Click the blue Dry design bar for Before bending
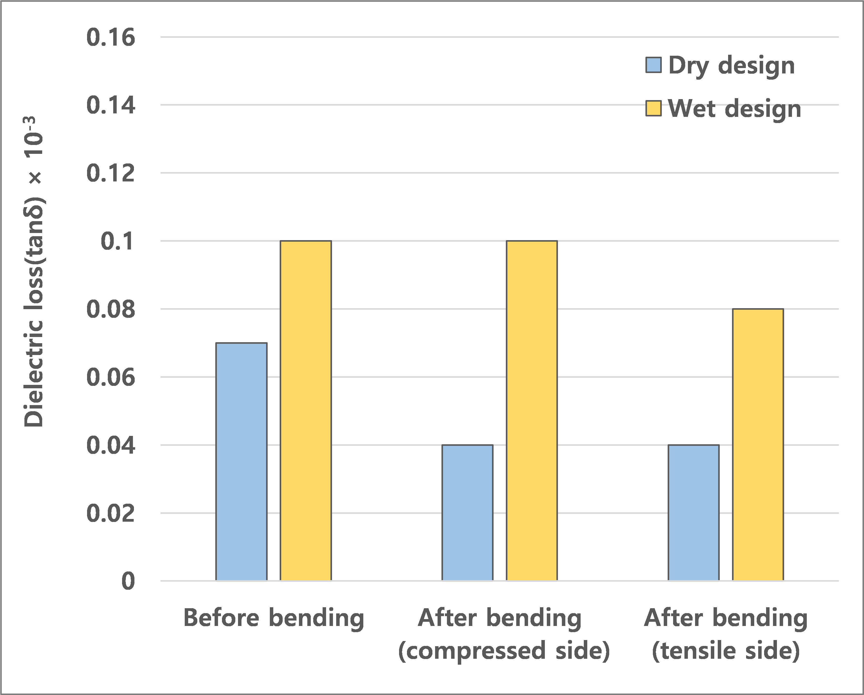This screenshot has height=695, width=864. coord(241,462)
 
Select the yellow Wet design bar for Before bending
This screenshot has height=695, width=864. coord(306,410)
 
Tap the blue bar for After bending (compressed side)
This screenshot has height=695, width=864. coord(467,513)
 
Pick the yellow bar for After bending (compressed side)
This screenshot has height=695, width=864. coord(532,410)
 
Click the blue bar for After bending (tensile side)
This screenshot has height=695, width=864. coord(694,513)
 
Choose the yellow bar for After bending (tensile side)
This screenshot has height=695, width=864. coord(758,445)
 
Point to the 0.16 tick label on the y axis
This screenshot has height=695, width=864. coord(110,38)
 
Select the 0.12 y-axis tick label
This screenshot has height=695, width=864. coord(110,174)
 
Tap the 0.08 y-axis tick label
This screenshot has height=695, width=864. coord(110,310)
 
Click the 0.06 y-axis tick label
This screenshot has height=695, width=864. coord(110,377)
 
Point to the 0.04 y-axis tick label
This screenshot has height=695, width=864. coord(110,446)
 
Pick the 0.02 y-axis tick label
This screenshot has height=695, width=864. coord(110,514)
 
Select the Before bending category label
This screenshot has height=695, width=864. coord(274,618)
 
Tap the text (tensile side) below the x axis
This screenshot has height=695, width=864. coord(726,651)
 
